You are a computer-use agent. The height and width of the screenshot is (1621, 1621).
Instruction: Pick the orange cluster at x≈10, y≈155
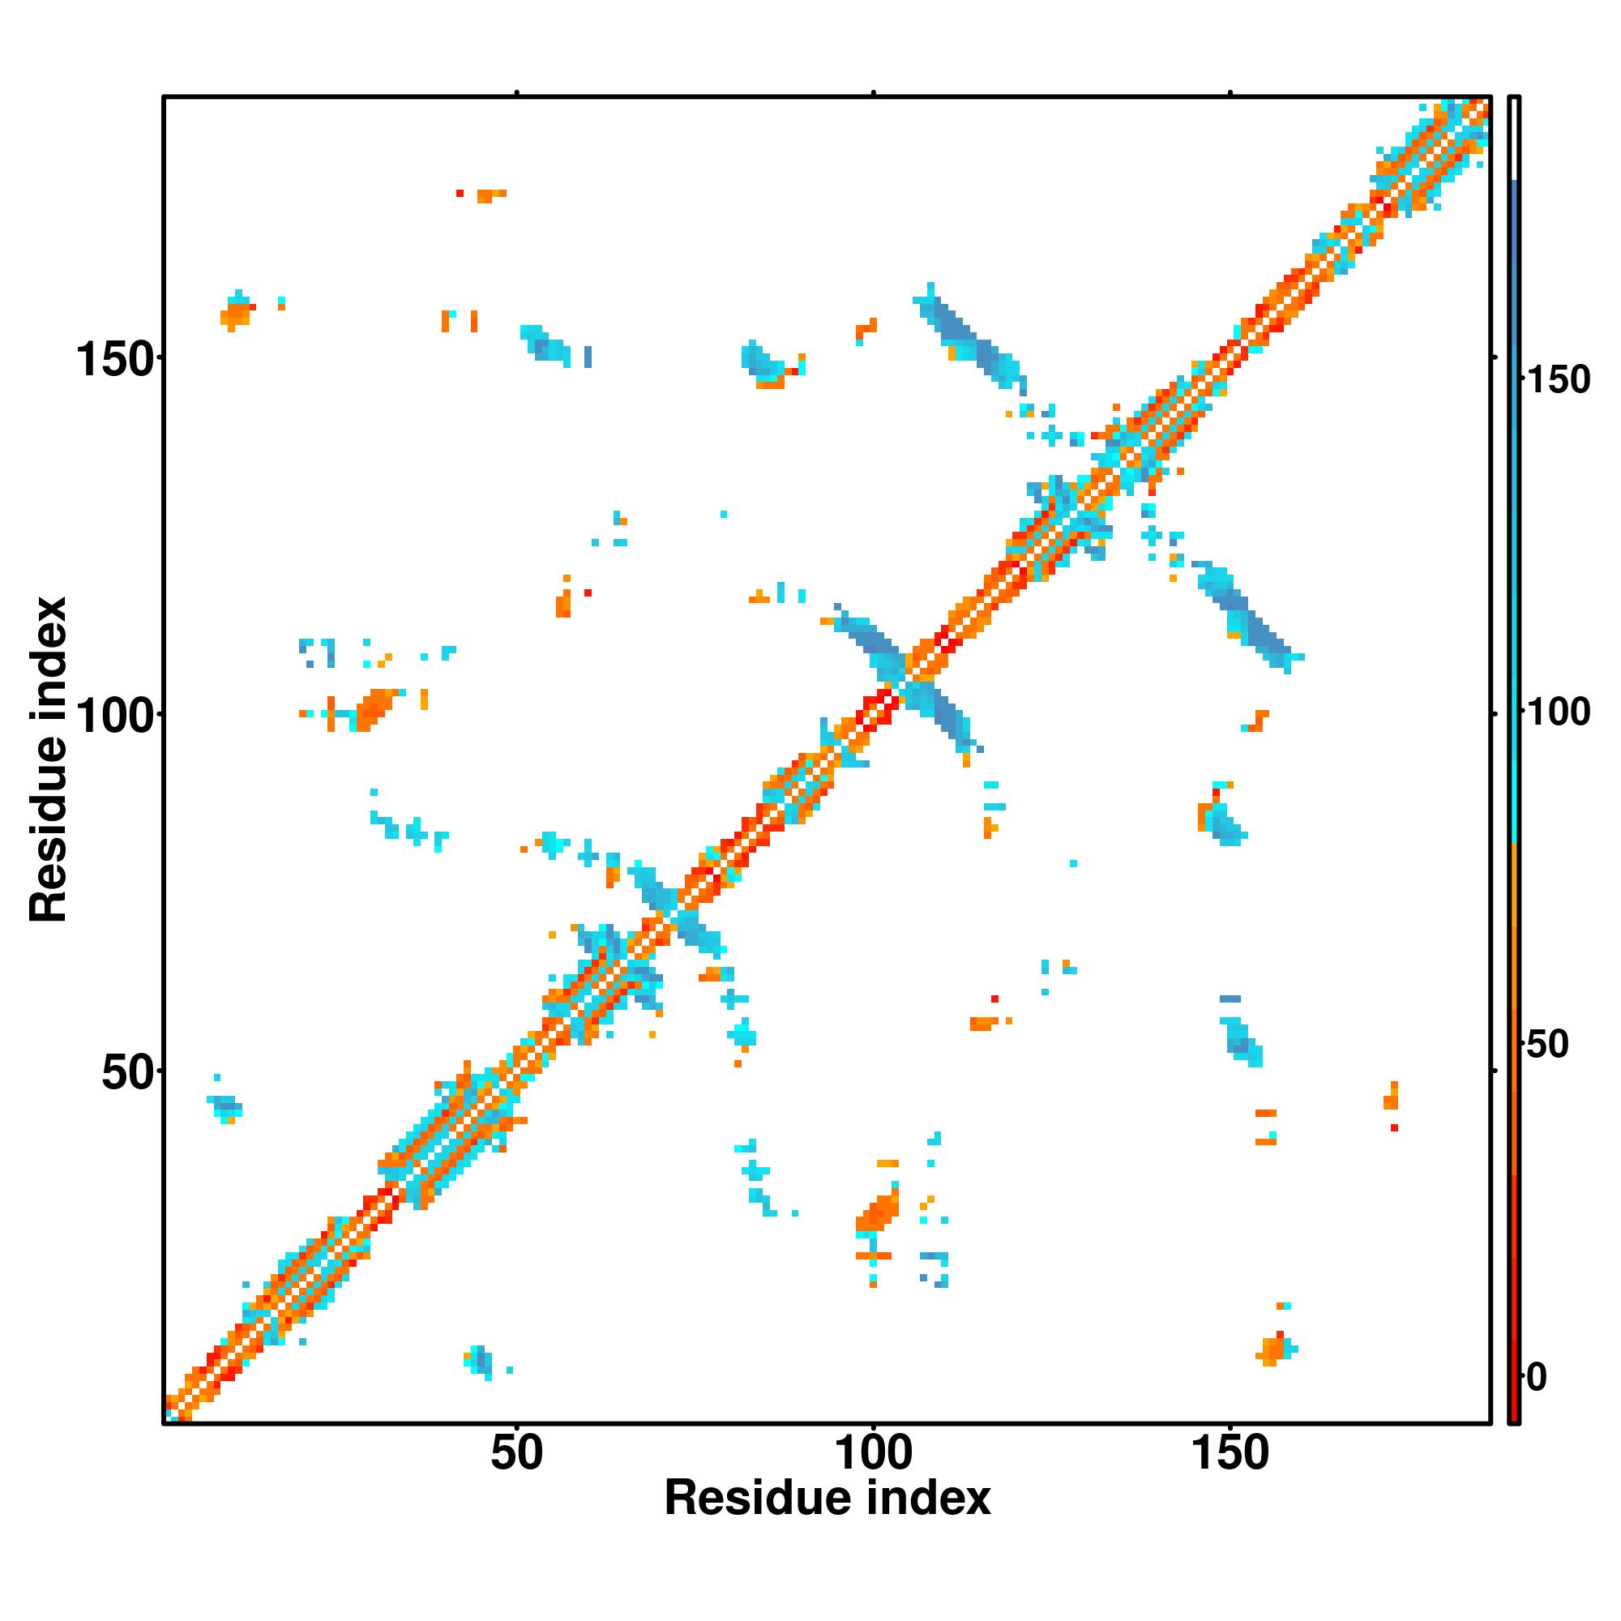point(237,314)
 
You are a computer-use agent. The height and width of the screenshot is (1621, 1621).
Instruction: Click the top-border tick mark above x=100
point(873,92)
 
